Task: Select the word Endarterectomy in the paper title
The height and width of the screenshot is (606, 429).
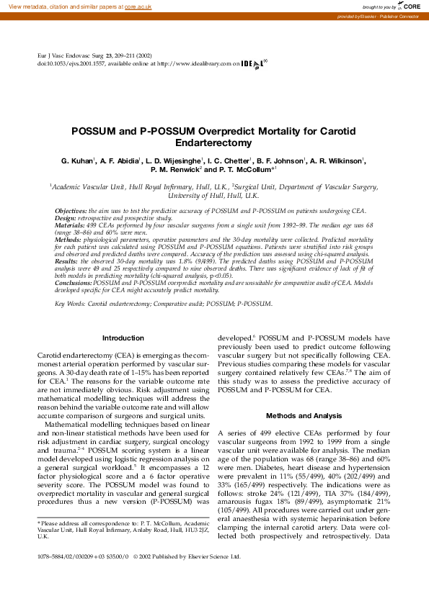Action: point(214,144)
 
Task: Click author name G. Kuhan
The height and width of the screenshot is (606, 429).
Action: point(77,160)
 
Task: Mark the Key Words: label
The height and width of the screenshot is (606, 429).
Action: point(70,304)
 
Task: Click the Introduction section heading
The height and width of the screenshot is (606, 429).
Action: point(123,338)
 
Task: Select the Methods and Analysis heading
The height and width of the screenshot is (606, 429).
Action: point(304,415)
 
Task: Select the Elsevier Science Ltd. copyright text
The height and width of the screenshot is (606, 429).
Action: point(209,556)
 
